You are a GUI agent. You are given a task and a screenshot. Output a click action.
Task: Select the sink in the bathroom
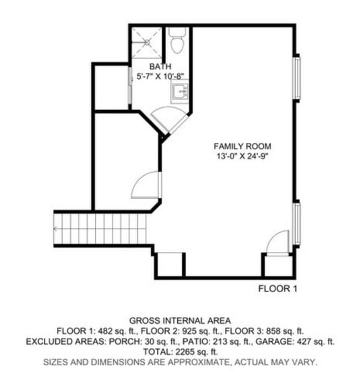point(180,92)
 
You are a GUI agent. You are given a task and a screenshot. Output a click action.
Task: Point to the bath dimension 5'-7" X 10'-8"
point(161,76)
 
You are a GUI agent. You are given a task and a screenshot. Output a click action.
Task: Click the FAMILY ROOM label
point(243,146)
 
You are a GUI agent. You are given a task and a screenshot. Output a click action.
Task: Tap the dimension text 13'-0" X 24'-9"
point(243,156)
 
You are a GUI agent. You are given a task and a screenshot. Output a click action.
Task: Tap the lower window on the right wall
point(297,224)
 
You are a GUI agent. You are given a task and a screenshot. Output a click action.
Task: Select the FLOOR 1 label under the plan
point(278,288)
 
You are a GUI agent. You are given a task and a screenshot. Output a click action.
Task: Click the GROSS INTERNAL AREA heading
point(180,320)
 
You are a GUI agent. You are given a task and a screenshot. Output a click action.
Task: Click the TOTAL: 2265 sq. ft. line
point(180,351)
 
